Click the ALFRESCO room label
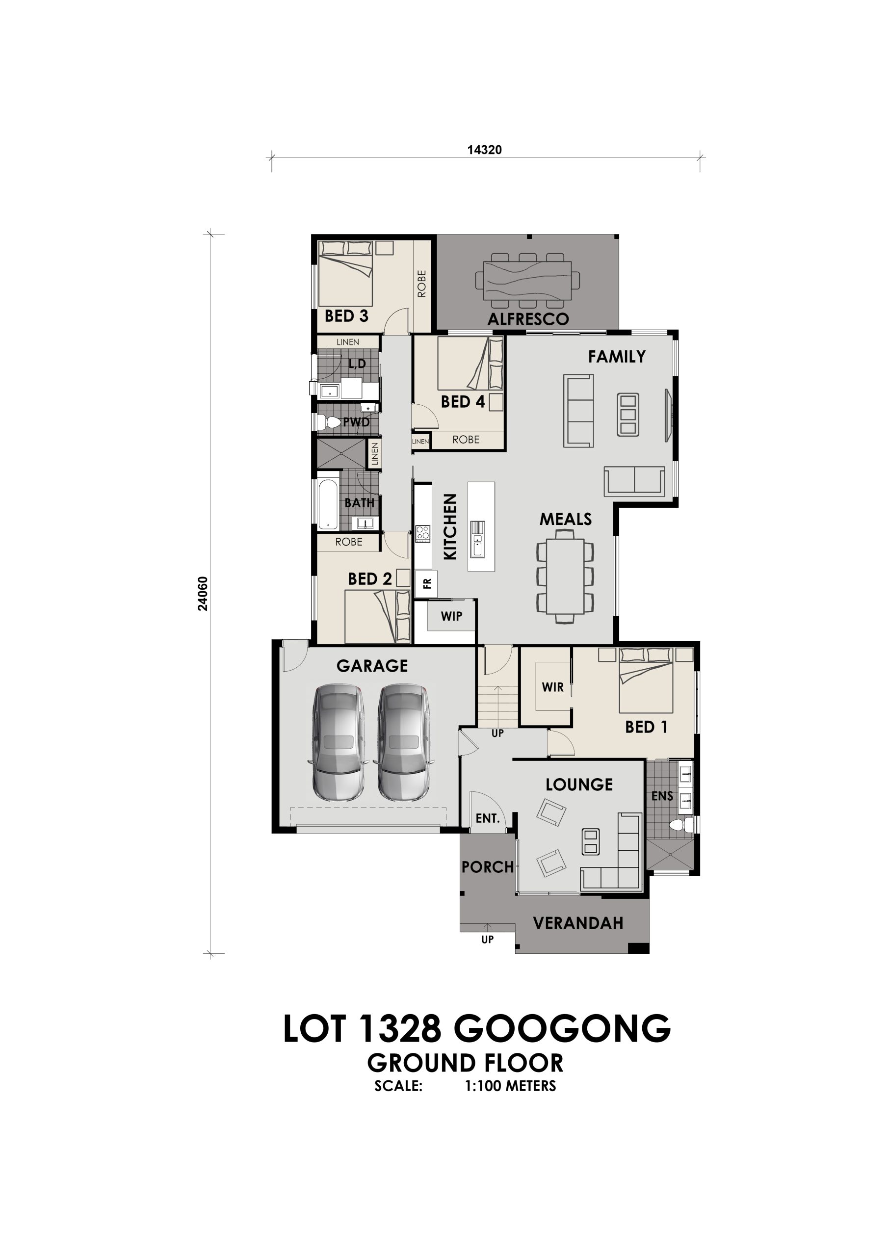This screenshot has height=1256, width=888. [528, 319]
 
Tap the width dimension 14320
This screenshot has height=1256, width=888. [484, 150]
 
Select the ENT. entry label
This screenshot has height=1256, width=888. [488, 818]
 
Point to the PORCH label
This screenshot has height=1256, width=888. [488, 867]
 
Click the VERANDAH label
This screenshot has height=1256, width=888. [578, 923]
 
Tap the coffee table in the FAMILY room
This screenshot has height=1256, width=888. [627, 415]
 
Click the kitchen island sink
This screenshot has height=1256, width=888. [477, 538]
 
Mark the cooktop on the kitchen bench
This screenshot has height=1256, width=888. [422, 533]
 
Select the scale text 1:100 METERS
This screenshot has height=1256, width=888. [510, 1086]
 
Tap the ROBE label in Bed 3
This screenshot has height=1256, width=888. [421, 284]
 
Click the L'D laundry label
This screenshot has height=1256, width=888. [357, 363]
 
